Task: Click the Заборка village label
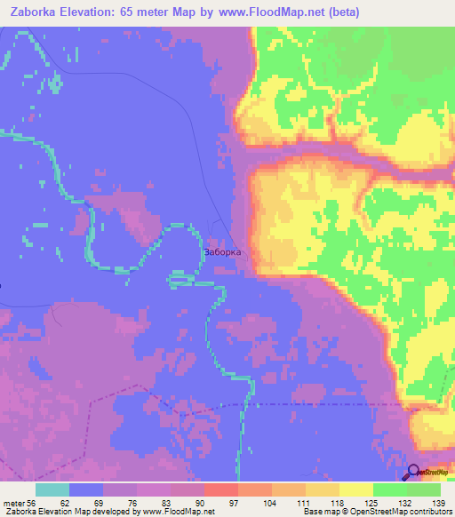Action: tap(223, 251)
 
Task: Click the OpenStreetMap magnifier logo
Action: tap(415, 473)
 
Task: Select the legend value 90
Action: tap(211, 503)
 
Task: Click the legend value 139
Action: tap(436, 503)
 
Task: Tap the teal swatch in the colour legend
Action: tap(52, 489)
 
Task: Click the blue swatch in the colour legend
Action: tap(86, 489)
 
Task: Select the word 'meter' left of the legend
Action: tap(14, 503)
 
